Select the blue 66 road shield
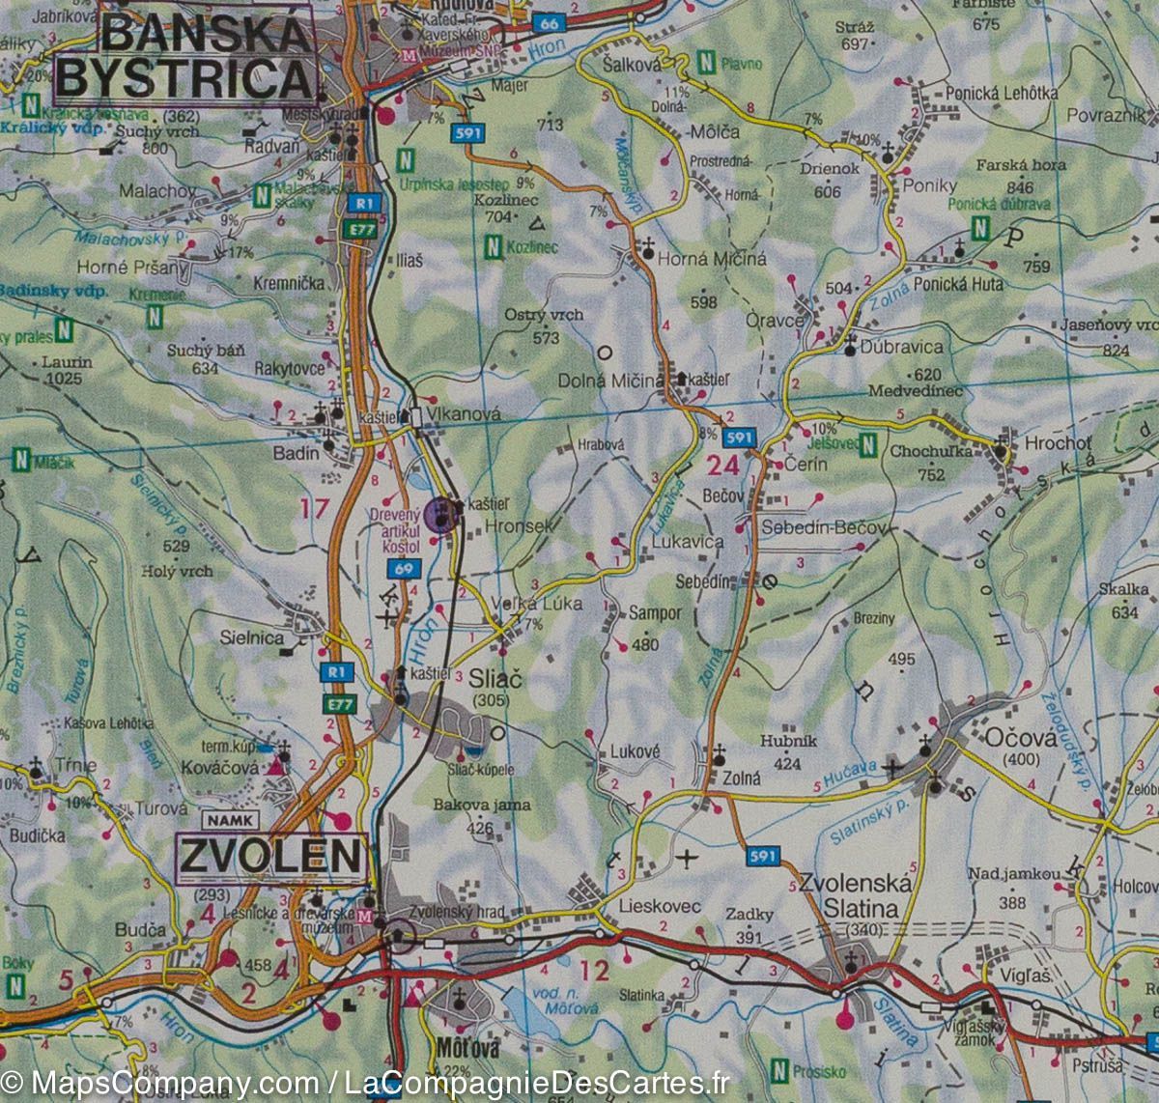(x=550, y=23)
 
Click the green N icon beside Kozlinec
(x=494, y=247)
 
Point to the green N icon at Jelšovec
(x=868, y=445)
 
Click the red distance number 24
(x=723, y=466)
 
